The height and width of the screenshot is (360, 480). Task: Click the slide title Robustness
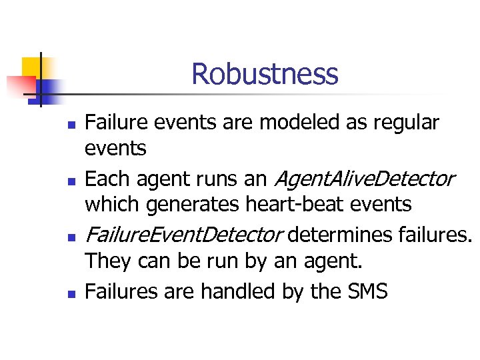click(x=265, y=74)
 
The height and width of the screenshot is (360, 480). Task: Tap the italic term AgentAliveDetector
click(x=363, y=179)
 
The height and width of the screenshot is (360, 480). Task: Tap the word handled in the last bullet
click(x=231, y=291)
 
